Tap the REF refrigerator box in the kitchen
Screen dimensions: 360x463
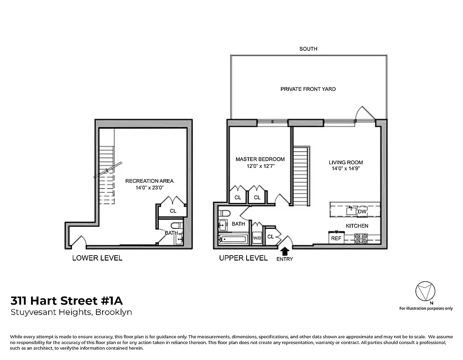click(336, 238)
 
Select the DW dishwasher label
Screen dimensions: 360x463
click(362, 211)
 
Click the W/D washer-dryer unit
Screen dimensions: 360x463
click(257, 237)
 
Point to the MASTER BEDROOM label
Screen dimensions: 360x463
click(260, 159)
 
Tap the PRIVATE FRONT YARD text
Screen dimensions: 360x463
click(308, 89)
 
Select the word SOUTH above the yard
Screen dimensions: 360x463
click(308, 49)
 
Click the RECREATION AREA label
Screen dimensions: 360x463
click(149, 181)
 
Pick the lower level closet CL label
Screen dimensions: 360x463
click(173, 211)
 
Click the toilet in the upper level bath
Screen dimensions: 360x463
click(225, 213)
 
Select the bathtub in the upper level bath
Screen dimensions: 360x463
click(232, 238)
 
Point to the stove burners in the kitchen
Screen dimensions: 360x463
click(361, 238)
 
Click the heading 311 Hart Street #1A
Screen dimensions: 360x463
click(67, 300)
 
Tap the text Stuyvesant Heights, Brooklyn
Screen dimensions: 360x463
click(71, 312)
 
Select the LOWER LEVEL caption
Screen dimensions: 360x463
click(97, 258)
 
